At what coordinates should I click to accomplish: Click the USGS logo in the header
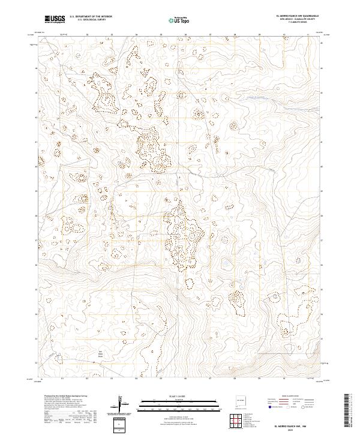pos(55,19)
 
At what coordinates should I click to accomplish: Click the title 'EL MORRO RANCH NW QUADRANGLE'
pos(297,16)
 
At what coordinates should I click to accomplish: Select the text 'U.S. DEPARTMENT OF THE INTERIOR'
pos(91,17)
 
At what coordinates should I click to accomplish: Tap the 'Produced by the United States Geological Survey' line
pos(63,396)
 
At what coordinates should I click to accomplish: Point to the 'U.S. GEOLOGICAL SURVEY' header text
pos(91,20)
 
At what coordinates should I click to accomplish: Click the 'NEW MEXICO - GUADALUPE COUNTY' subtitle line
pos(297,20)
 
